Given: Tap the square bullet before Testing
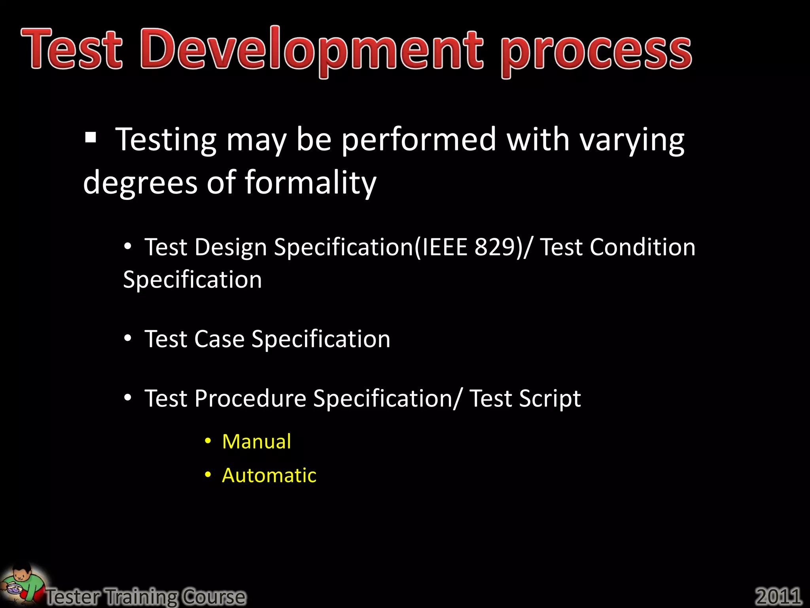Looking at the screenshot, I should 91,137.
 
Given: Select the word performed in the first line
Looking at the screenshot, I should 419,140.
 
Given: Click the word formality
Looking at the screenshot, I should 310,182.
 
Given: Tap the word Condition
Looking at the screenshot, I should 642,247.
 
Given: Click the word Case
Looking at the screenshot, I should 219,339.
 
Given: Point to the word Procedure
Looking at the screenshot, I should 250,398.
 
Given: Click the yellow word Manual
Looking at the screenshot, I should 256,441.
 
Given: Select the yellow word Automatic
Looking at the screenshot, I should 269,475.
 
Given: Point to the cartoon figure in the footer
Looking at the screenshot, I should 22,584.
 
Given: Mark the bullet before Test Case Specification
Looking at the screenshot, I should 127,338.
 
